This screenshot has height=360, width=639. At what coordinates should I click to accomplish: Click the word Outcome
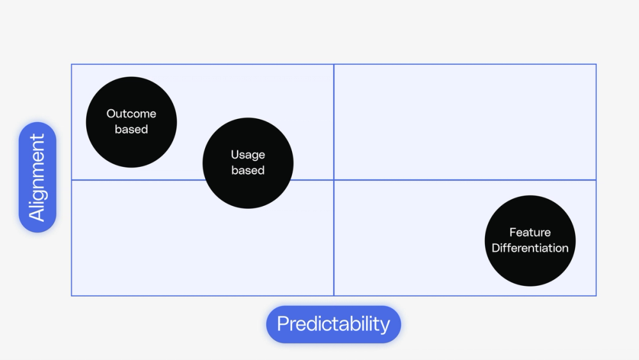131,114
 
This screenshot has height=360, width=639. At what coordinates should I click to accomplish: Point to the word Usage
248,155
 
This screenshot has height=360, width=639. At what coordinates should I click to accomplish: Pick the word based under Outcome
131,129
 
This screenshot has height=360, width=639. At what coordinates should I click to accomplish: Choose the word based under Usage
248,170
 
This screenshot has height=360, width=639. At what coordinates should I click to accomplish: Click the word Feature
530,233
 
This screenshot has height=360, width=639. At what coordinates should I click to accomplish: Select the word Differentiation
530,248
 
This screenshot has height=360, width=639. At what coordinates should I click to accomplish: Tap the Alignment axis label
38,177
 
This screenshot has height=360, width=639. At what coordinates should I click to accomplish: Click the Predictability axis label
334,324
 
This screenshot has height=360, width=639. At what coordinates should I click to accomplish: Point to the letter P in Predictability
282,324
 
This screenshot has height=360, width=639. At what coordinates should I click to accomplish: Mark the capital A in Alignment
38,213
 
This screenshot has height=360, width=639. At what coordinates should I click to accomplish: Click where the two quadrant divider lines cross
334,180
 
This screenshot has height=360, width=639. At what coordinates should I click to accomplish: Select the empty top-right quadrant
465,122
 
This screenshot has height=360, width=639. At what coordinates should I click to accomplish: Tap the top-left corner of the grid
72,64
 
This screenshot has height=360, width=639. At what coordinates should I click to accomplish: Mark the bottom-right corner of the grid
596,295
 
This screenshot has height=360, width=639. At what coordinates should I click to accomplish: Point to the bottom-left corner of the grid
72,295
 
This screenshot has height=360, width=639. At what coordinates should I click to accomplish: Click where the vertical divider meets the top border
334,64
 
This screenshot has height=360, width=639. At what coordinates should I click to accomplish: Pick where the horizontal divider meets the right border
596,180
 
